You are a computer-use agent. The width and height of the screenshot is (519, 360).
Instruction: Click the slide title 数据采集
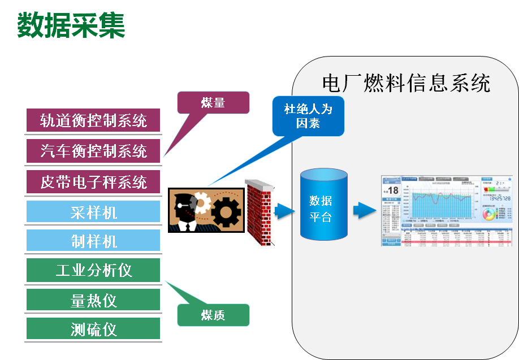71,25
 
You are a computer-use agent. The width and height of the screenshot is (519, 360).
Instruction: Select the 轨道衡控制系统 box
94,120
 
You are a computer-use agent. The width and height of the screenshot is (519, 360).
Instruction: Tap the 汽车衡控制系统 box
94,151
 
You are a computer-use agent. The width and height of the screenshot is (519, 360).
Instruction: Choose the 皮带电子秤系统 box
94,182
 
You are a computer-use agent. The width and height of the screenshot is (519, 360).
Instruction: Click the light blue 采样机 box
94,212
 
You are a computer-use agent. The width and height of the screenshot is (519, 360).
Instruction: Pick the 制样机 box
94,241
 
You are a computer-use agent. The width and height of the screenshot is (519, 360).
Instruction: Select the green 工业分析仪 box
94,270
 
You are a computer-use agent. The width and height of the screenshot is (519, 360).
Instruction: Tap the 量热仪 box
94,300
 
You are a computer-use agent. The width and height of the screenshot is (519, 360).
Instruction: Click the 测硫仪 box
94,329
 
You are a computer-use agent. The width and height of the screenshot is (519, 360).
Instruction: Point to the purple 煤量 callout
213,103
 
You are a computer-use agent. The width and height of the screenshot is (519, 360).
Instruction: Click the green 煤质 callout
213,315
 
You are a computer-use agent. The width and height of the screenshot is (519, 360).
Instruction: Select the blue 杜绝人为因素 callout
308,116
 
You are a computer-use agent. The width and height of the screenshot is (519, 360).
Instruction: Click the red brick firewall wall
259,212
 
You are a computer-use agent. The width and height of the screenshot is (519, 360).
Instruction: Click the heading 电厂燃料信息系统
406,83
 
